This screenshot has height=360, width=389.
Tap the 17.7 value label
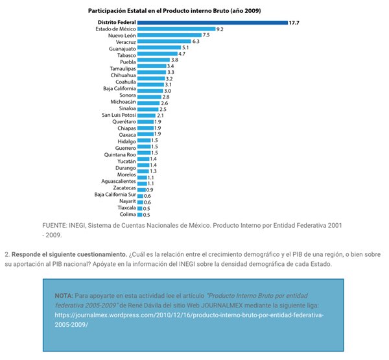tap(295, 23)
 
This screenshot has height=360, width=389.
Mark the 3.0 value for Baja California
tap(167, 91)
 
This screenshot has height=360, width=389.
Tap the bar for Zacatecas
tap(141, 189)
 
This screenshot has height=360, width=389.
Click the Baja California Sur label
tap(114, 195)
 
